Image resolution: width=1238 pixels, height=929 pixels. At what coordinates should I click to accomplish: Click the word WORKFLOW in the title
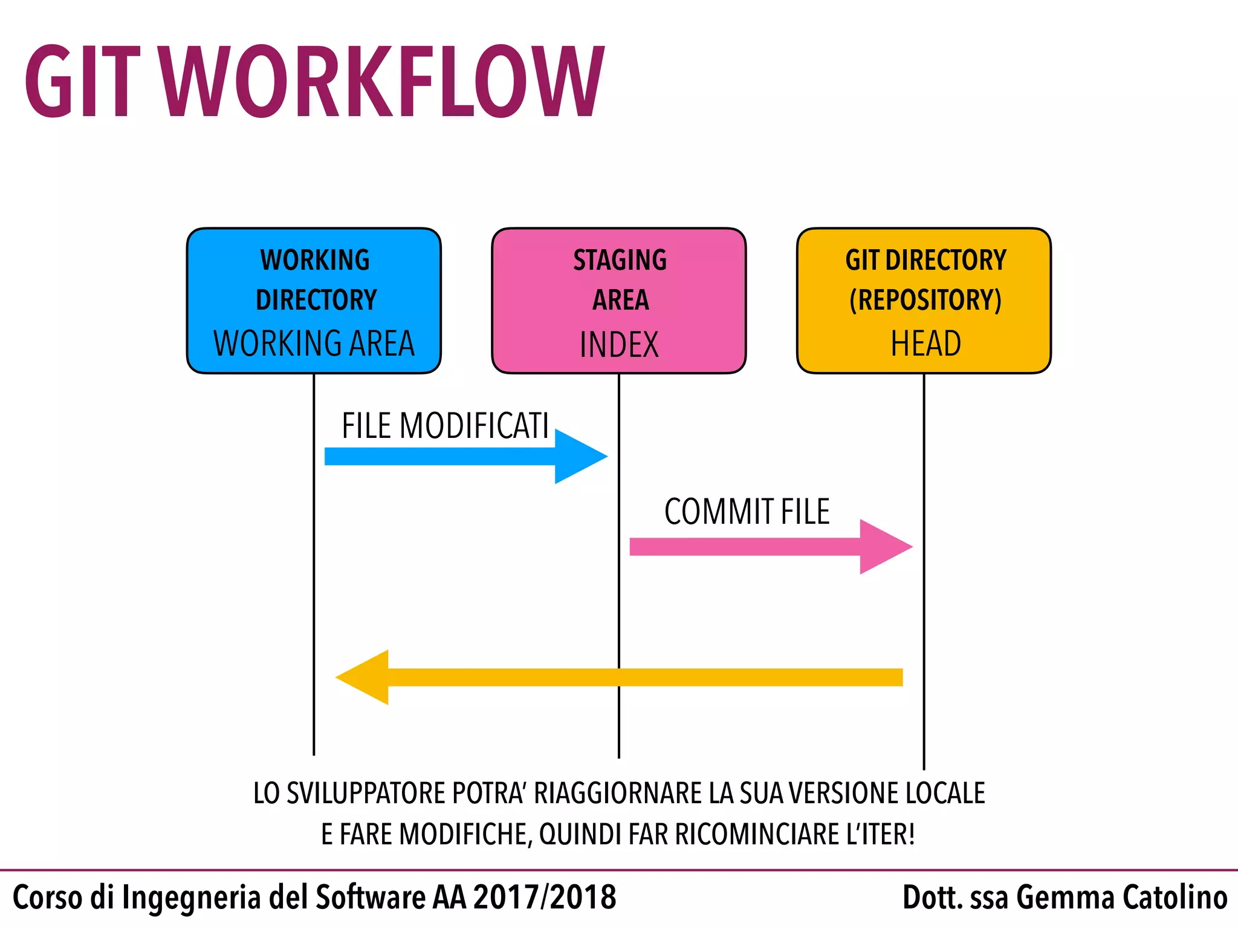(x=383, y=82)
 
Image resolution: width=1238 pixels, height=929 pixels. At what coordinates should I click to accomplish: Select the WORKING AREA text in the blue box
(x=314, y=344)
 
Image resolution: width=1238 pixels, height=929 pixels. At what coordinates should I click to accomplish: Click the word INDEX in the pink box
(x=618, y=345)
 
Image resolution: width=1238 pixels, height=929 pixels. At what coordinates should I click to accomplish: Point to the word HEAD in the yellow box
(x=925, y=344)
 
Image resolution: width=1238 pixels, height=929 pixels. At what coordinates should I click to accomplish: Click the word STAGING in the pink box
(x=620, y=260)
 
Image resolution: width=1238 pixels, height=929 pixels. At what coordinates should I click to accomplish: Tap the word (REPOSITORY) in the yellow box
(x=925, y=300)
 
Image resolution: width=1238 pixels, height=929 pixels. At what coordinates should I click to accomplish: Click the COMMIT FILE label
(x=747, y=512)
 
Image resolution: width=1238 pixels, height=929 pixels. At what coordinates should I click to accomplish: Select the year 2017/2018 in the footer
(x=544, y=897)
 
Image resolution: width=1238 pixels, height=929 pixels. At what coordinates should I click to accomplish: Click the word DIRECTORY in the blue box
(x=316, y=300)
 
